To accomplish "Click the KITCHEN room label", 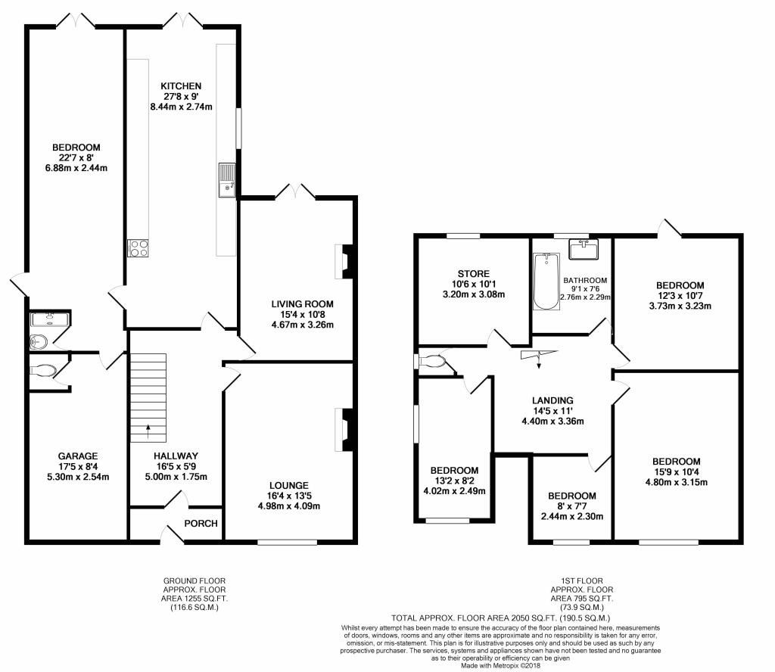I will coord(182,86).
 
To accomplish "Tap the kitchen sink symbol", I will coord(227,179).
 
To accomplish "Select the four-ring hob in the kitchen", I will coord(137,248).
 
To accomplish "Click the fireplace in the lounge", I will coord(344,430).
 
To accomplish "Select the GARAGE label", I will coord(78,456).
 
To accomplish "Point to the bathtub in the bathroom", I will coord(544,282).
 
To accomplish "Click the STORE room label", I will coord(473,273).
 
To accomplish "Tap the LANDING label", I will coord(552,400).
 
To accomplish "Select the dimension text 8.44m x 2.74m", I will coord(182,107).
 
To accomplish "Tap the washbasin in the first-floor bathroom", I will coord(584,248).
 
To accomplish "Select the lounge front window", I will coord(287,541).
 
